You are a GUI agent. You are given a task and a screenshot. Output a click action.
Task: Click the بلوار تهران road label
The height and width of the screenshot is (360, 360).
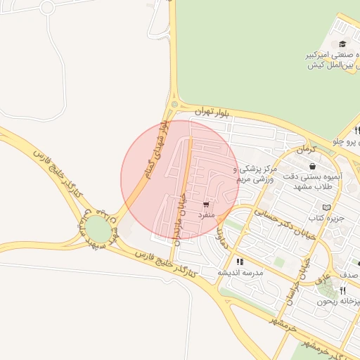click(213, 112)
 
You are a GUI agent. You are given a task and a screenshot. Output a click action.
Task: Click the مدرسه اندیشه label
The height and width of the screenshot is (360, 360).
click(239, 272)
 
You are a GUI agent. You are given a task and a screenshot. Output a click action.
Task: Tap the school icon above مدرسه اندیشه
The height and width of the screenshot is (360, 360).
click(240, 262)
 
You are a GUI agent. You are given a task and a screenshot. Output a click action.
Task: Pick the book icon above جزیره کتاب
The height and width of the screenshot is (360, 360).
click(325, 207)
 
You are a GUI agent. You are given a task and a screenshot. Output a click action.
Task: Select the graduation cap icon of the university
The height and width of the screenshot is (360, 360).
click(342, 44)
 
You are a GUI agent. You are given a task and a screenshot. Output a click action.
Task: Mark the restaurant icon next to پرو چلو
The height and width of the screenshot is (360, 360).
click(357, 130)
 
